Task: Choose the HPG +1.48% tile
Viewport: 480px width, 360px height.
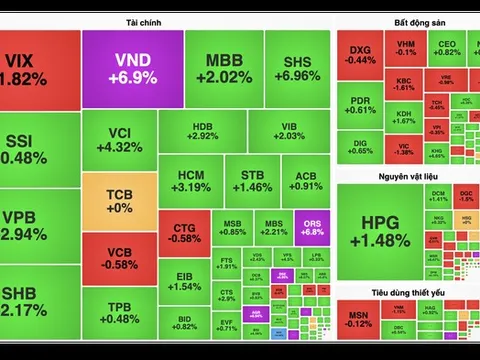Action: tap(386, 230)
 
